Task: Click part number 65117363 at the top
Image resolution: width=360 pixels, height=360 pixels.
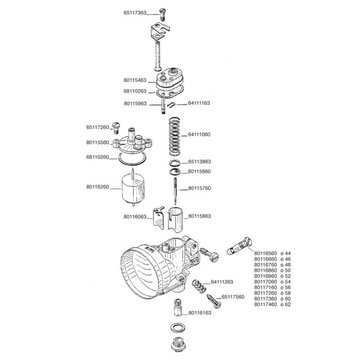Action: point(135,12)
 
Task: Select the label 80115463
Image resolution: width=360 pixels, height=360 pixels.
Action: point(135,80)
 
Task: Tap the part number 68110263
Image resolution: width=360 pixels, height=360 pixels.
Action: point(135,92)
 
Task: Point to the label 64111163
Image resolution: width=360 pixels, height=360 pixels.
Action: point(199,103)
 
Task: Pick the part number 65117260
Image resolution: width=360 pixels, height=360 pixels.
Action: point(98,127)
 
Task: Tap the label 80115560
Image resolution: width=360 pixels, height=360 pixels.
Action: point(98,142)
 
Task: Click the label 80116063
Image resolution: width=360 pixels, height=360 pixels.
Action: point(135,217)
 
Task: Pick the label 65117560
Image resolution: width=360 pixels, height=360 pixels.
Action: point(233,297)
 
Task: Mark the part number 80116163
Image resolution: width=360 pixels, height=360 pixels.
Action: point(200,313)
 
